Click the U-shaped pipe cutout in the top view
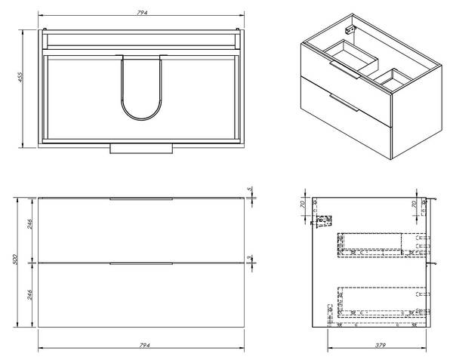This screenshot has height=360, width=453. (142, 89)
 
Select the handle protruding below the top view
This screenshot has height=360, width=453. (142, 148)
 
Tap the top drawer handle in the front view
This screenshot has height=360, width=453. (142, 199)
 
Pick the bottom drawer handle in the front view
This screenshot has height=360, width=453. (142, 263)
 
